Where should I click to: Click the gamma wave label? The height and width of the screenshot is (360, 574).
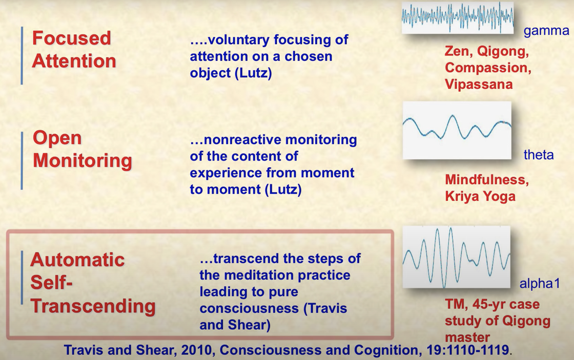tap(546, 31)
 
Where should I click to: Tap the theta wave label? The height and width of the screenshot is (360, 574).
tap(539, 154)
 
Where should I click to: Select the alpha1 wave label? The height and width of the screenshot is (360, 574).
tap(540, 283)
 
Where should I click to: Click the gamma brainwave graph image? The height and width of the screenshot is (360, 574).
tap(458, 17)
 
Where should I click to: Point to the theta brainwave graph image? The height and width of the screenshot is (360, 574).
tap(457, 130)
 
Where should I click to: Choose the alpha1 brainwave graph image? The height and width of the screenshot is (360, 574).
tap(457, 257)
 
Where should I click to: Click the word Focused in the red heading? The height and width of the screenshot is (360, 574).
tap(71, 38)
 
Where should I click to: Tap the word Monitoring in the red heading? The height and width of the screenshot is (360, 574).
tap(83, 161)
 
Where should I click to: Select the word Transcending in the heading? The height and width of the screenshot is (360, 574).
tap(93, 306)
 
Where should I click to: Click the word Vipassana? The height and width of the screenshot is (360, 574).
tap(479, 84)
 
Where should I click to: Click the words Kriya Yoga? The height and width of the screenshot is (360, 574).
tap(480, 196)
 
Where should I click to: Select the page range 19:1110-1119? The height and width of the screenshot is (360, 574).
tap(468, 350)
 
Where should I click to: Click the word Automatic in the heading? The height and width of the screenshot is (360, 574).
tap(77, 259)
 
